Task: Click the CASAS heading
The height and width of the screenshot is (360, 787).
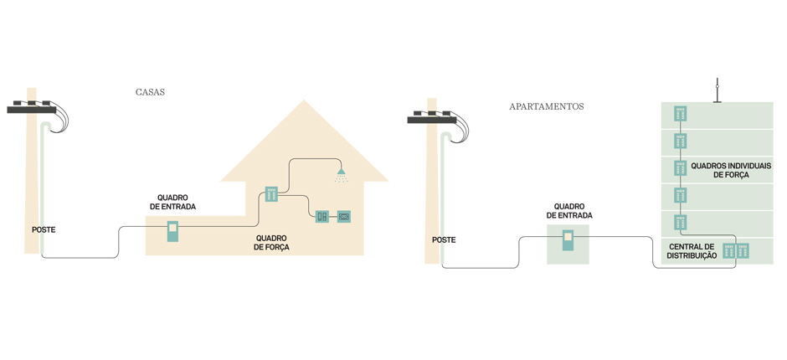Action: pos(150,92)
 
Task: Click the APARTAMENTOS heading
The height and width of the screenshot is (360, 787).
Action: pos(546,106)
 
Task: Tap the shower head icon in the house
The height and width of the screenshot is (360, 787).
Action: pos(341,175)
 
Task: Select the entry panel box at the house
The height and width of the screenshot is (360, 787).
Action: pos(172,230)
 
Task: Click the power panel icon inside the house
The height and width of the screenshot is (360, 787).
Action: pos(271,194)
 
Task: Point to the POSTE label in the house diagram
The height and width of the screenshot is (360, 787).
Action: pos(44,229)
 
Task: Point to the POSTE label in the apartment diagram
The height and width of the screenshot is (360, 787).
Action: pos(444,239)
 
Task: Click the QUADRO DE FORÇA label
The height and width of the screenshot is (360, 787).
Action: pos(271,243)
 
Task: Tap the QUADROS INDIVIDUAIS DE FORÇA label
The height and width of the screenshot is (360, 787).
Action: pos(730,171)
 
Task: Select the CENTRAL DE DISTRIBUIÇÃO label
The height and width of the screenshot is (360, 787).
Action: pos(692,250)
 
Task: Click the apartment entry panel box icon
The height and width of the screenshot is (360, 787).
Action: pos(568,240)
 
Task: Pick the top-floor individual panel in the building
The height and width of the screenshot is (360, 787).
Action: pos(681,114)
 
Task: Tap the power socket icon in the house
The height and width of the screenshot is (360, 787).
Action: pos(343,217)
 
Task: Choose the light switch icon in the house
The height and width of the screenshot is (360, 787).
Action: pos(322,217)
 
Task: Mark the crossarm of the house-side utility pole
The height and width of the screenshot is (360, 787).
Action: pos(32,109)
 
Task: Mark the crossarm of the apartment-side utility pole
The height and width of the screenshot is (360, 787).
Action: pos(432,120)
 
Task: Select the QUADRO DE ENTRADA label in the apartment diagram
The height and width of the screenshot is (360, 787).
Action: pos(569,211)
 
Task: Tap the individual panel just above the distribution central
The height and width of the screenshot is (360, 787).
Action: pos(681,223)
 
